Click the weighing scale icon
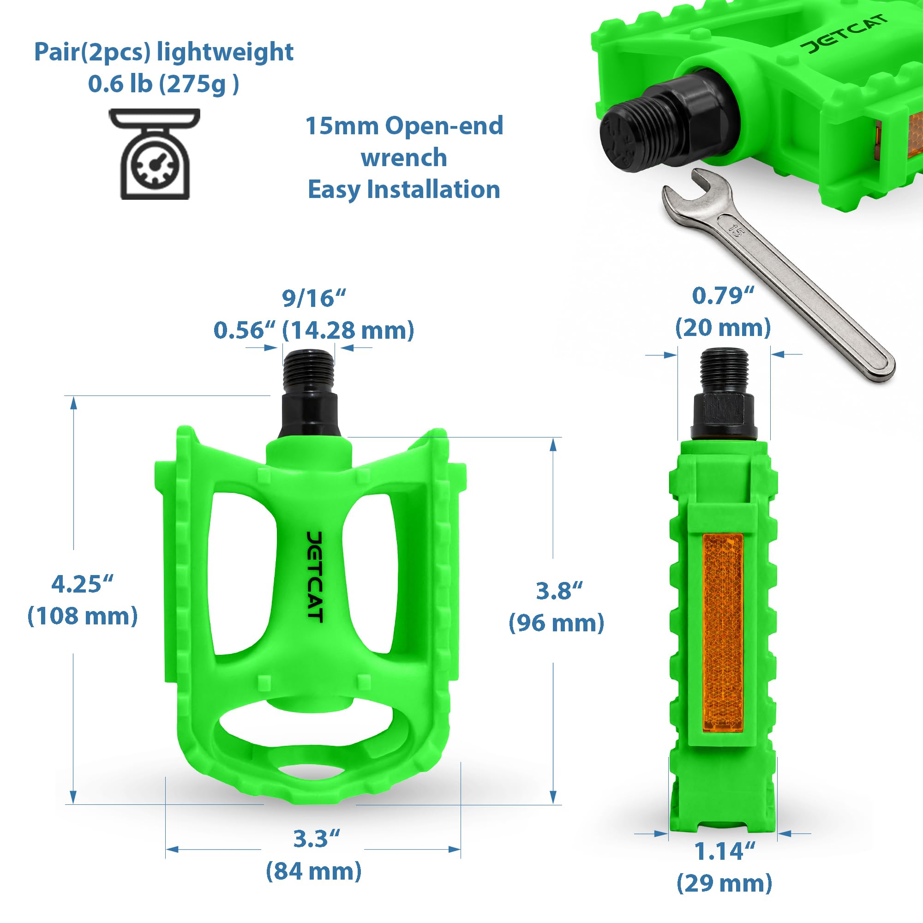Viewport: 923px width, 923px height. (x=154, y=154)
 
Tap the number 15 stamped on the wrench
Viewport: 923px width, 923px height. (x=736, y=231)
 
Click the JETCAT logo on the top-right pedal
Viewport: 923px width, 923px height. (x=845, y=35)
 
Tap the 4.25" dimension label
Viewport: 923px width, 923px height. (x=82, y=584)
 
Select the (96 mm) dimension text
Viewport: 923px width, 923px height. (x=556, y=623)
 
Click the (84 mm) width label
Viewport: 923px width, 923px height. (x=313, y=872)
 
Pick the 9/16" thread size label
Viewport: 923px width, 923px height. (x=313, y=299)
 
